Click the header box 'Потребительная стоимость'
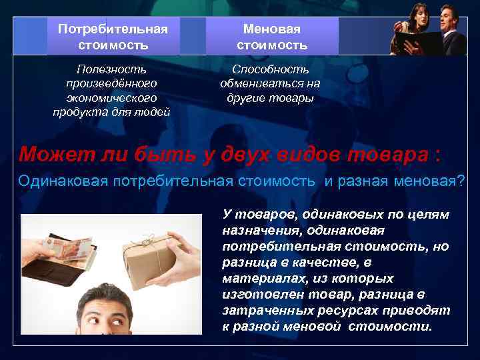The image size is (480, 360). point(113,37)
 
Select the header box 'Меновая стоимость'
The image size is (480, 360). point(272,37)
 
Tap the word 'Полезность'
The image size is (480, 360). point(112,69)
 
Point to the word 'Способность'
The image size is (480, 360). point(271,69)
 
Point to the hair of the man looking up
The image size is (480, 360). point(109,297)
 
